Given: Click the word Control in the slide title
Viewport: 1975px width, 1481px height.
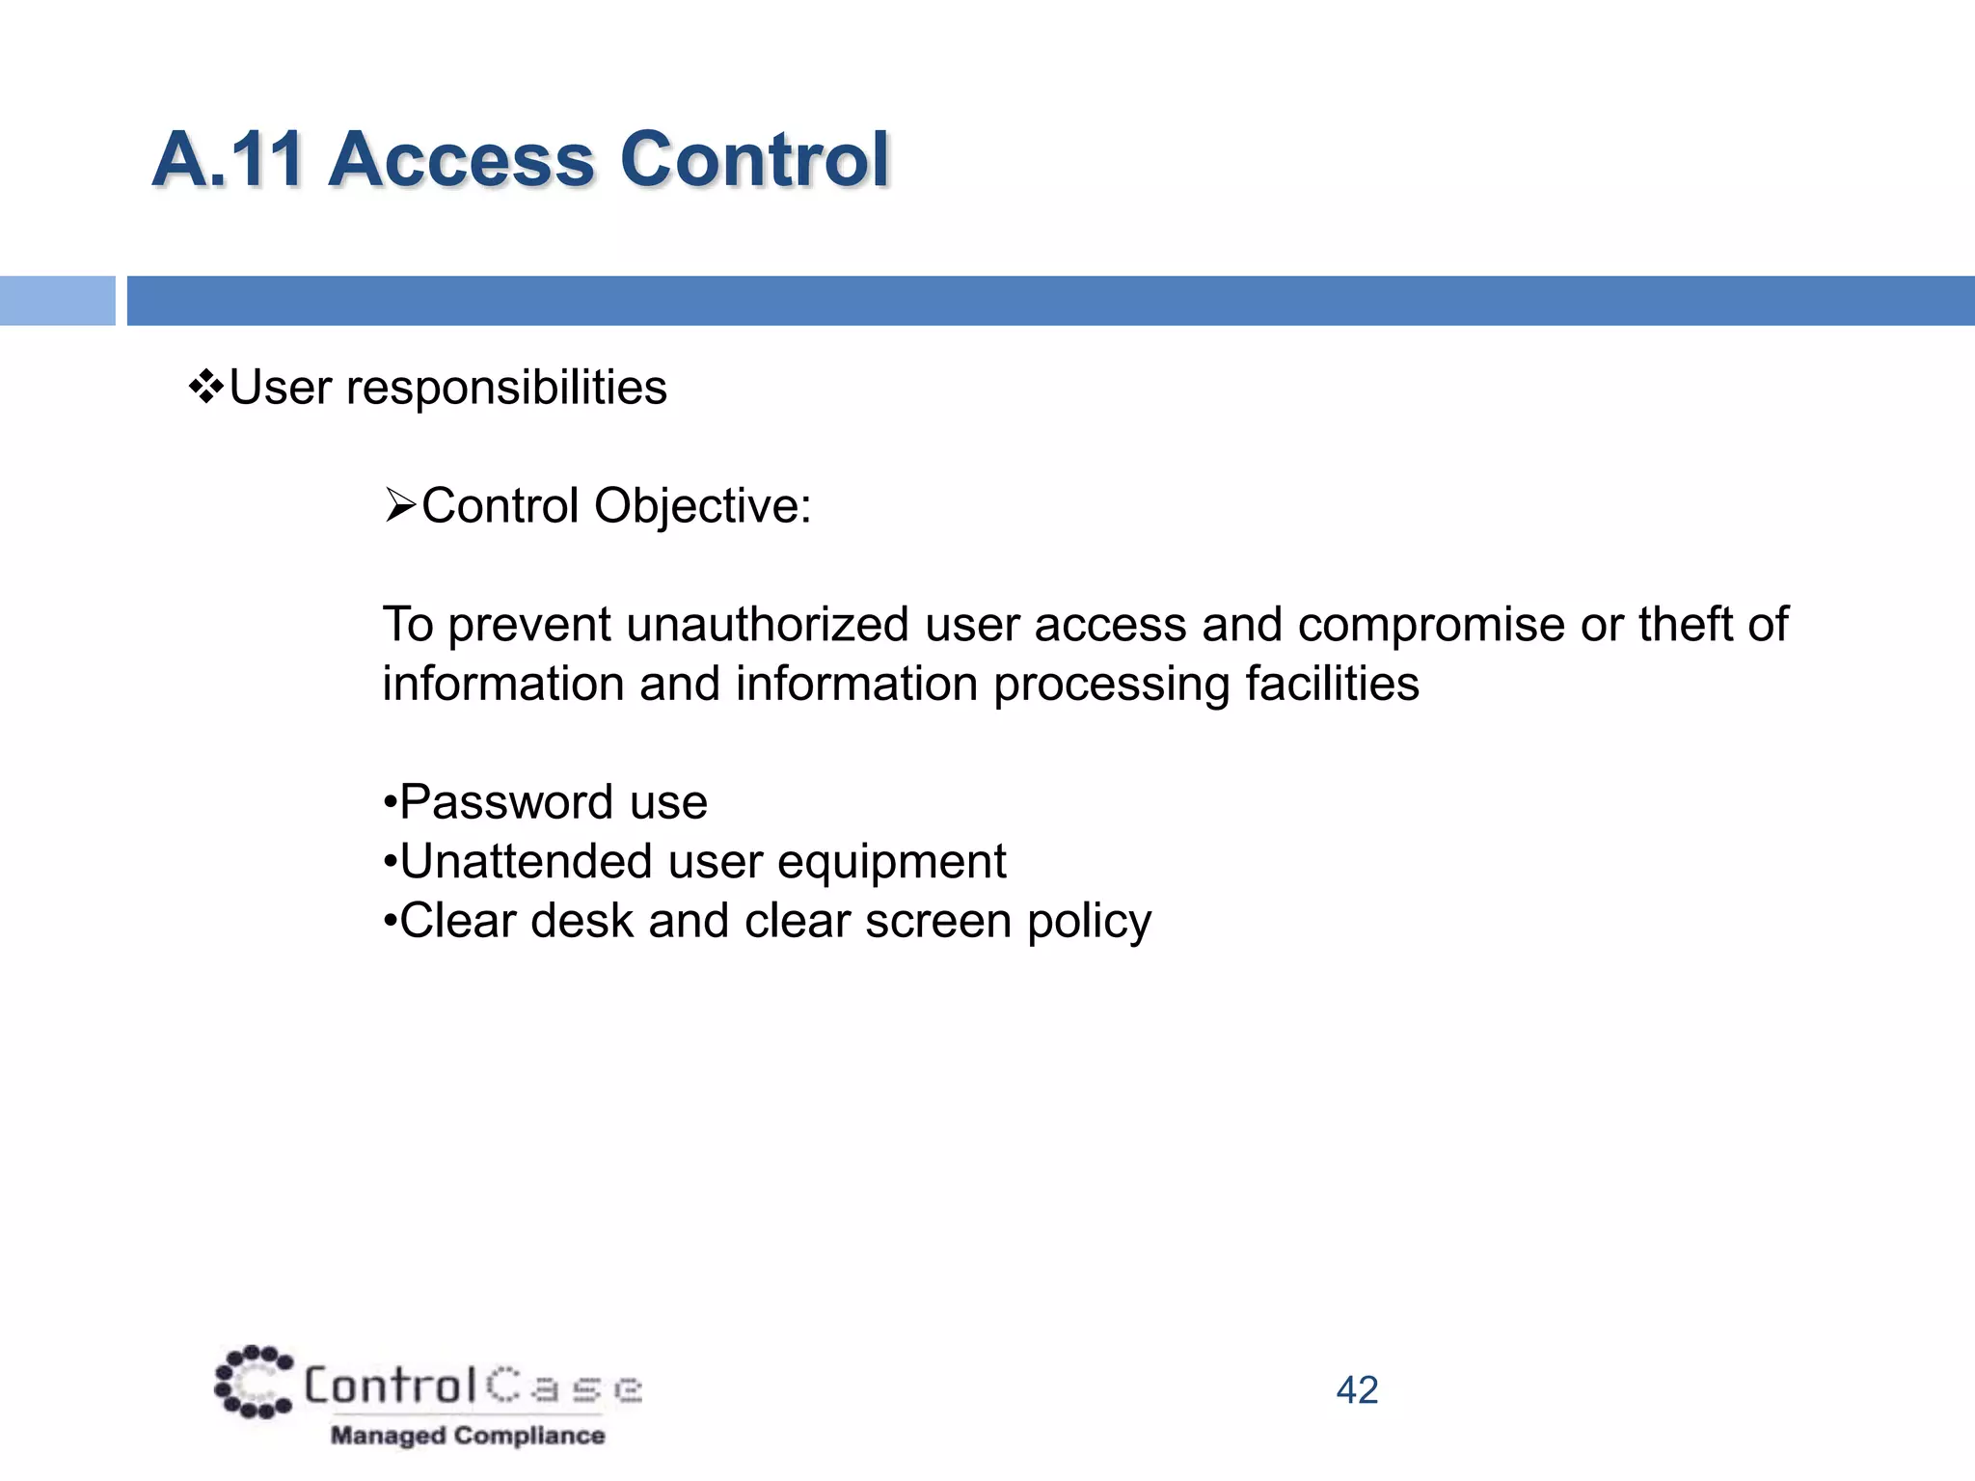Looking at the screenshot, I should [x=753, y=160].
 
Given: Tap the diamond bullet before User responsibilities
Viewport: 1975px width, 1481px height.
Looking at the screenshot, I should [x=205, y=388].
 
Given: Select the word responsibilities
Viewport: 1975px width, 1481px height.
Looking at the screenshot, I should [x=505, y=389].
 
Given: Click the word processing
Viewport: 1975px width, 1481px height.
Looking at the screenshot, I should [x=1111, y=685].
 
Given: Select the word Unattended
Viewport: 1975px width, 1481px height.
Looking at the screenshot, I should [x=525, y=861].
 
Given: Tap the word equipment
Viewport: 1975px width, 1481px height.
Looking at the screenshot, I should [x=891, y=863].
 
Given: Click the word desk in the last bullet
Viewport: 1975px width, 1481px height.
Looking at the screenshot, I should [x=582, y=921].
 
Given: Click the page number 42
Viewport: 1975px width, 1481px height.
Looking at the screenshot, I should [x=1357, y=1390].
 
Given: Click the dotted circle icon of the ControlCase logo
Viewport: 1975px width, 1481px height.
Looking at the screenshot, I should [x=253, y=1383].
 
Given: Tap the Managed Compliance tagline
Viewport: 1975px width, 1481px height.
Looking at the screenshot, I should [x=468, y=1436].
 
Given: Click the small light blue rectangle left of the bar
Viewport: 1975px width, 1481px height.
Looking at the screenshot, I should [x=57, y=301].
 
